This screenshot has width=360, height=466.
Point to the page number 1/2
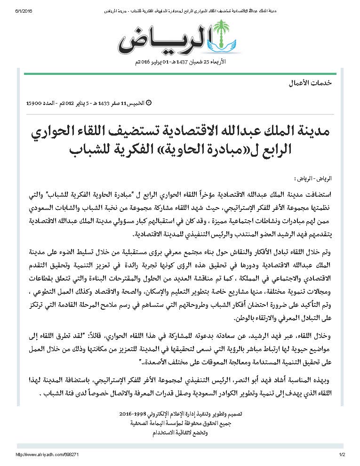[342, 455]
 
